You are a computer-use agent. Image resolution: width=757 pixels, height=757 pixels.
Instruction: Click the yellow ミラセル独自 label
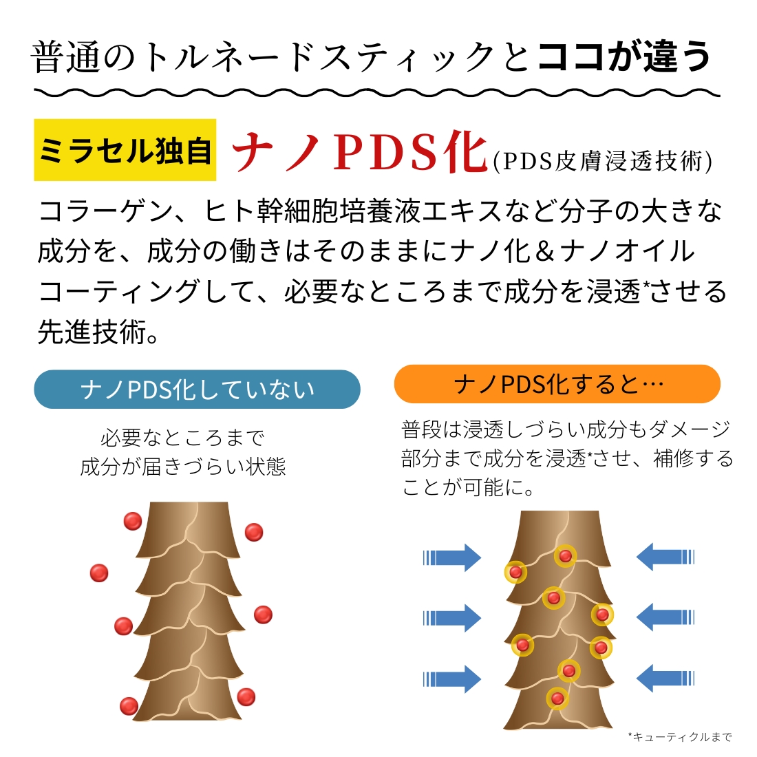125,150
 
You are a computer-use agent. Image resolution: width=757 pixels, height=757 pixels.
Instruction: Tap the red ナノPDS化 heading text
361,151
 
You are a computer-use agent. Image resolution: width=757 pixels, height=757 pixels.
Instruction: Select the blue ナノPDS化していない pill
197,390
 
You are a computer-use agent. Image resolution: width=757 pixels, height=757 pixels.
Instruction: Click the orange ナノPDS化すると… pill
557,384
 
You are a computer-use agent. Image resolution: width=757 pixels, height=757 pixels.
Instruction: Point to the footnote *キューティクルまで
680,737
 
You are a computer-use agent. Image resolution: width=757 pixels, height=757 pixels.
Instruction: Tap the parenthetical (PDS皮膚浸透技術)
603,161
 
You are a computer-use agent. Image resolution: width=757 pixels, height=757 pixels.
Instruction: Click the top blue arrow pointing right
452,557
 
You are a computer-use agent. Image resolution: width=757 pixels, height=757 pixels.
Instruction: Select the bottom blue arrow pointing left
661,679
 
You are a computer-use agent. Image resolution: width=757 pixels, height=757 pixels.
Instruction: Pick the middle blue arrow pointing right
452,618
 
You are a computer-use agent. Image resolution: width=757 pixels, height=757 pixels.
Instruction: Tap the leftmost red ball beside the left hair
99,573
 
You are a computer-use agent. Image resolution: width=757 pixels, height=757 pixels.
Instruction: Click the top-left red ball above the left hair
132,521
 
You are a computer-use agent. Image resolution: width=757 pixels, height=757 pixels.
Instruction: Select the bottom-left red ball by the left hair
129,705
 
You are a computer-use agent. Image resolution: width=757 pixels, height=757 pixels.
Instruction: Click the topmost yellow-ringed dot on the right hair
566,555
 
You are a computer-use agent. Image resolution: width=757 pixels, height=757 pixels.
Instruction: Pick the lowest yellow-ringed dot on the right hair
557,699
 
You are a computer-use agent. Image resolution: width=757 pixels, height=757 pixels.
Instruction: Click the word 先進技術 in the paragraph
92,332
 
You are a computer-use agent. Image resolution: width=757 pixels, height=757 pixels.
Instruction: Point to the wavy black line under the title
377,92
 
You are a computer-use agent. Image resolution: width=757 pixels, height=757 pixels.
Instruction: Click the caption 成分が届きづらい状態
183,467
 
